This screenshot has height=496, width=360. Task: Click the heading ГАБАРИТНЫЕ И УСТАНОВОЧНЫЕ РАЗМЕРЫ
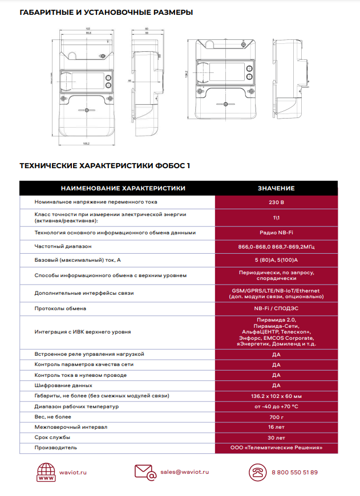tap(106, 12)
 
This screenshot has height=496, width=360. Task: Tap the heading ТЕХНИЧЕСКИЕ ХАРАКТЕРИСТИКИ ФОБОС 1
tap(105, 166)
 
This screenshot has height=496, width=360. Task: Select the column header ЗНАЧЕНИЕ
tap(276, 188)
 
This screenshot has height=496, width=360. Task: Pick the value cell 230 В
tap(276, 202)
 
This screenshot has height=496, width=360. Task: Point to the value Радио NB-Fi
tap(276, 233)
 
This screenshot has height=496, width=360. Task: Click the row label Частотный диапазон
tap(63, 246)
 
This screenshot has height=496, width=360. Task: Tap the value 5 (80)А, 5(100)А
tap(276, 260)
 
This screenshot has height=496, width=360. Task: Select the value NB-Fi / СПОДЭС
tap(276, 308)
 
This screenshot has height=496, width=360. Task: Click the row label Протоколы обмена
tap(60, 308)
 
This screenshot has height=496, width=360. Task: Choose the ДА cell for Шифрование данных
tap(276, 385)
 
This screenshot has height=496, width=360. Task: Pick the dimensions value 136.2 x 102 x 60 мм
tap(276, 396)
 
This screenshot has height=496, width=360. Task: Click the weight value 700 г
tap(276, 416)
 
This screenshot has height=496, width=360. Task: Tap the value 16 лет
tap(276, 426)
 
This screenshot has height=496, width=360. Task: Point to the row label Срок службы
tap(52, 437)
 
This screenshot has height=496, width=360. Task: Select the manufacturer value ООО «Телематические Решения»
tap(276, 448)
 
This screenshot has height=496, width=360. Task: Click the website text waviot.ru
tap(72, 472)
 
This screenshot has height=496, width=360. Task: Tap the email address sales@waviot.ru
tap(184, 472)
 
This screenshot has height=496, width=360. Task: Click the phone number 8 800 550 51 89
tap(295, 472)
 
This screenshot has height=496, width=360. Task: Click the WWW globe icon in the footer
tap(46, 473)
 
